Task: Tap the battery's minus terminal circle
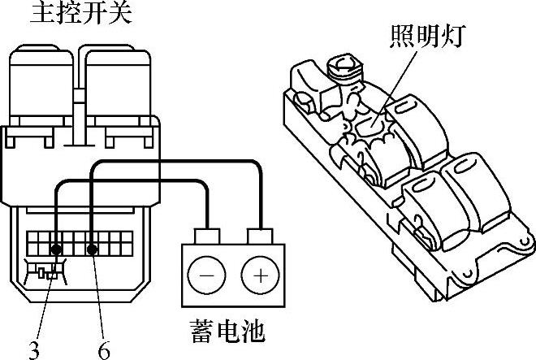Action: pos(207,275)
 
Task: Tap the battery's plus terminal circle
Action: pos(259,275)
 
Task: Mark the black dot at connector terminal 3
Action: pos(57,249)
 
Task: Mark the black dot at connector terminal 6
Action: pos(93,249)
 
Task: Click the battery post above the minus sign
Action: pos(207,236)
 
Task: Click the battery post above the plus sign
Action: pos(259,236)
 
